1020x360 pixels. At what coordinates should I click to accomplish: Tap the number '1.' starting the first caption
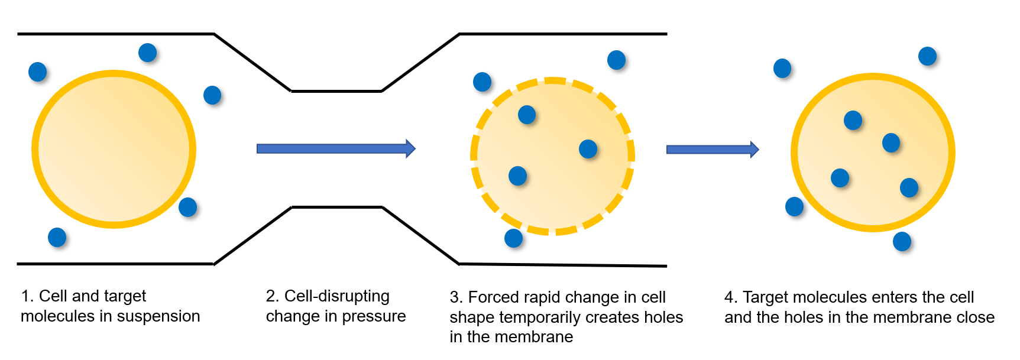[x=27, y=296]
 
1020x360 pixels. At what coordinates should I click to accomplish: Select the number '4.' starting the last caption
[x=731, y=297]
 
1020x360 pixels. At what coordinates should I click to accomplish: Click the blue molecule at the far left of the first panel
[x=37, y=72]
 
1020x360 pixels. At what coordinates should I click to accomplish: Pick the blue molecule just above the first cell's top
[x=147, y=53]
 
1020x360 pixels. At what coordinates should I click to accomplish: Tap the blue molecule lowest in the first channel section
[x=57, y=237]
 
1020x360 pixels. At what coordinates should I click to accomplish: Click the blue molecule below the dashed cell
[x=513, y=238]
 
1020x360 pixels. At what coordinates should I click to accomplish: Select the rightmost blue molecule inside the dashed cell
[x=588, y=149]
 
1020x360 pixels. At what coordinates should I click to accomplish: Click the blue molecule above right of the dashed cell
[x=616, y=60]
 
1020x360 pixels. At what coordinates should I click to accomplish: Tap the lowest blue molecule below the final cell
[x=902, y=241]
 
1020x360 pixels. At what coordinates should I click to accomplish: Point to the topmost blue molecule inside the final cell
[x=853, y=120]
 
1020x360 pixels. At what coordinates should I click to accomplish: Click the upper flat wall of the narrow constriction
[x=336, y=91]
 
